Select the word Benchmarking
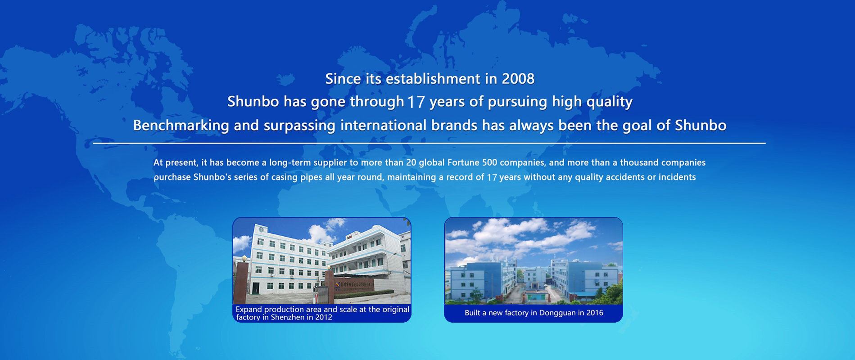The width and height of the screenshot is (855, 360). click(181, 125)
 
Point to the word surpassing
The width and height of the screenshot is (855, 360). click(299, 126)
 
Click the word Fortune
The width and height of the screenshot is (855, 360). click(463, 162)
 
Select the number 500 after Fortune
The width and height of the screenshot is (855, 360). click(489, 162)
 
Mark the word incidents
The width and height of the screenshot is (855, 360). click(677, 177)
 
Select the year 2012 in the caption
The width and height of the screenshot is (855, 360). click(323, 317)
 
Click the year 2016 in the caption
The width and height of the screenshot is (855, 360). click(594, 313)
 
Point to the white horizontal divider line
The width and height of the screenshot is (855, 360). click(429, 143)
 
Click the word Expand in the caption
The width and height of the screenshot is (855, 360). click(249, 310)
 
